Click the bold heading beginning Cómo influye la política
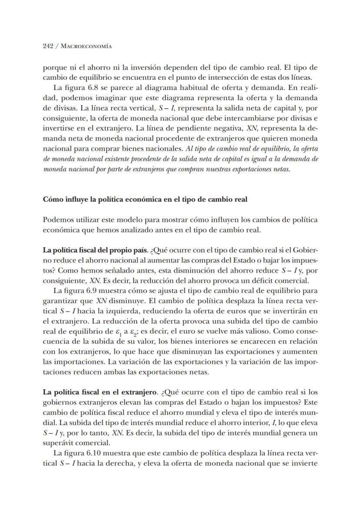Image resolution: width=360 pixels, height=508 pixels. tap(145, 200)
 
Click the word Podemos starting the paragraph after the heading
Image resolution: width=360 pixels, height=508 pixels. tap(58, 220)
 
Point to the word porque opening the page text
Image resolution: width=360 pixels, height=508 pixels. tap(54, 68)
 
